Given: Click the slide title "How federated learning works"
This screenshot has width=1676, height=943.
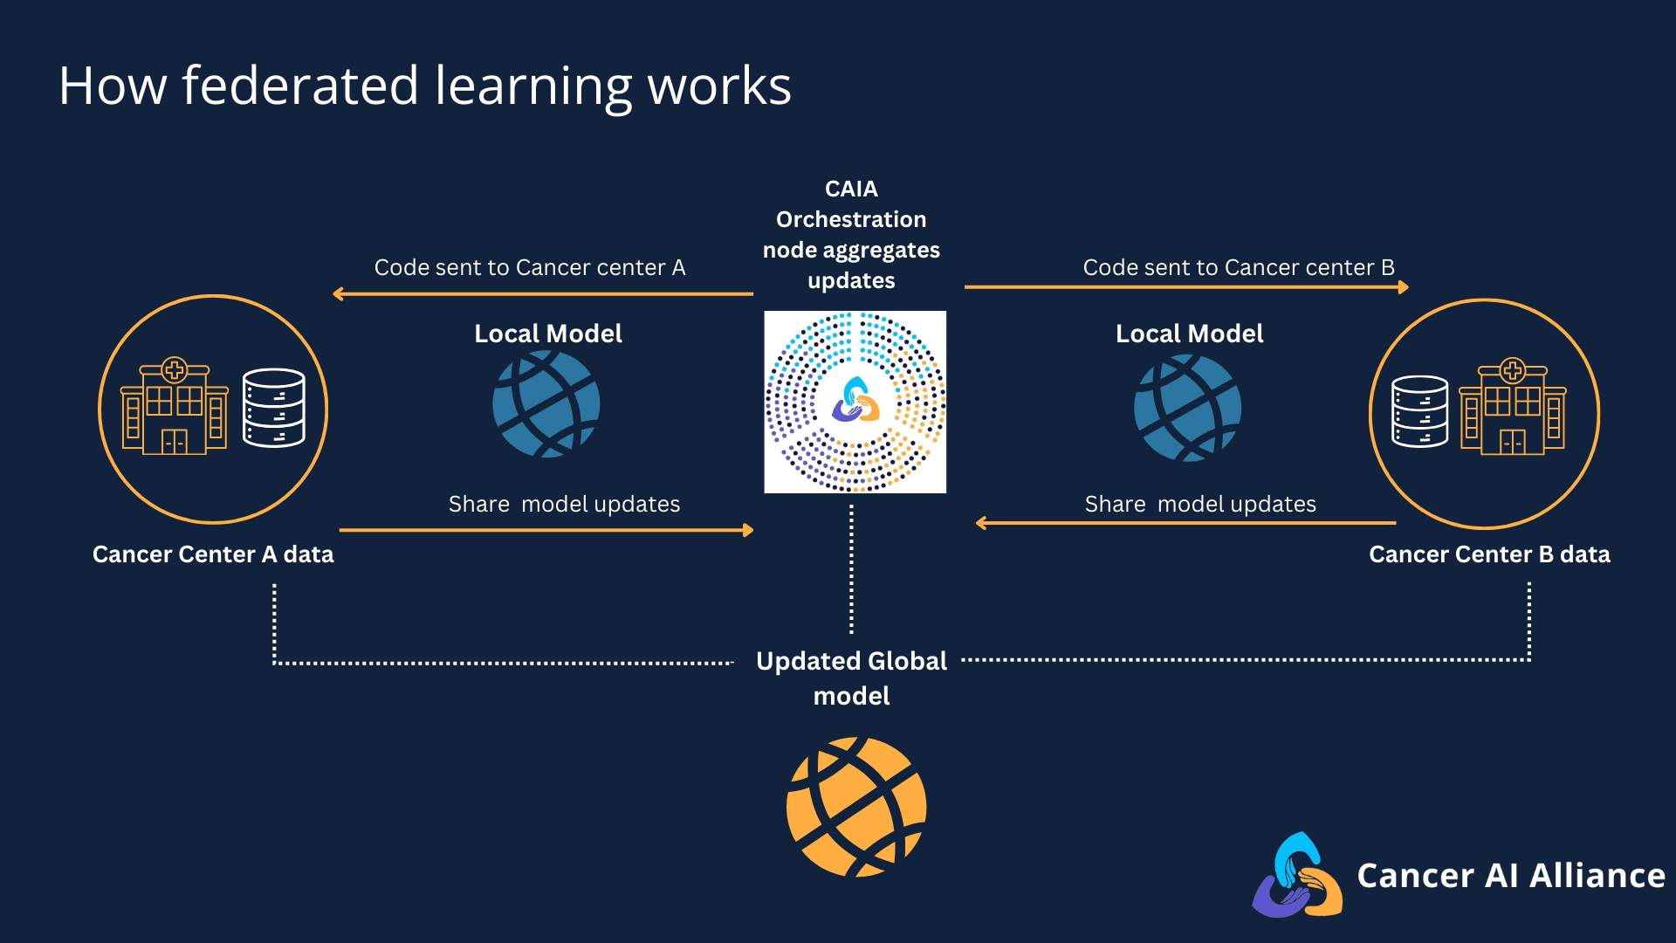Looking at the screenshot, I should (424, 86).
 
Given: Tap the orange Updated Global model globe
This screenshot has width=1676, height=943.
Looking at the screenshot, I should (856, 807).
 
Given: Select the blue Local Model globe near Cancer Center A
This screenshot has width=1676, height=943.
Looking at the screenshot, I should (546, 403).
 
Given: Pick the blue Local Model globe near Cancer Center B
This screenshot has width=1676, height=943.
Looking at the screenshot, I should (1187, 407).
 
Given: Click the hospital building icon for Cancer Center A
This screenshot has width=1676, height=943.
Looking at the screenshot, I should (175, 407).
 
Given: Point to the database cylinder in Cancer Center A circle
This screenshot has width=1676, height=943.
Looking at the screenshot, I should (274, 408).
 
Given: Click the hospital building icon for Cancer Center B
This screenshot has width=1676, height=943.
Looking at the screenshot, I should (1513, 407).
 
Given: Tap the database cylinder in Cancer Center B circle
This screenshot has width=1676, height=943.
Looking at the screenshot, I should (1419, 411).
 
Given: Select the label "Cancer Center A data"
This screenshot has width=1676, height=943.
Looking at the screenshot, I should (213, 554).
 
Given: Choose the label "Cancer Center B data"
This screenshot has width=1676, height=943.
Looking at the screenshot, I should (1489, 554).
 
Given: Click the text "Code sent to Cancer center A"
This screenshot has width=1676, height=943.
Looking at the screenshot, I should (530, 267).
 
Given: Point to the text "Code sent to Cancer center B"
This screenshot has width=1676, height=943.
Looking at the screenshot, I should (1239, 267).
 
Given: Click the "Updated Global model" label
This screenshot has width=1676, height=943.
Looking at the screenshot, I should (851, 678).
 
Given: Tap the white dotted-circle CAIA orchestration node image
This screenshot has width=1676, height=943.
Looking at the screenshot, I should (855, 402).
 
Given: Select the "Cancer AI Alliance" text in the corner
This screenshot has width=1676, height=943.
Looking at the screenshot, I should (1511, 875).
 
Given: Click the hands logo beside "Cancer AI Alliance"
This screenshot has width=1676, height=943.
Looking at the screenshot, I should (1298, 875).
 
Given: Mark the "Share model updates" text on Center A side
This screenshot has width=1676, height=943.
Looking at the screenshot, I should (564, 504).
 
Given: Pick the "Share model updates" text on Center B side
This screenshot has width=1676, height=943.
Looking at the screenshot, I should (1200, 504).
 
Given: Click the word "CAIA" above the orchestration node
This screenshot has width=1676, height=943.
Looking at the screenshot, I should (851, 189).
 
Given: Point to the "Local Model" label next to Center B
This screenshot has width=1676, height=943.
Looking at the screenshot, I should (1189, 334).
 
